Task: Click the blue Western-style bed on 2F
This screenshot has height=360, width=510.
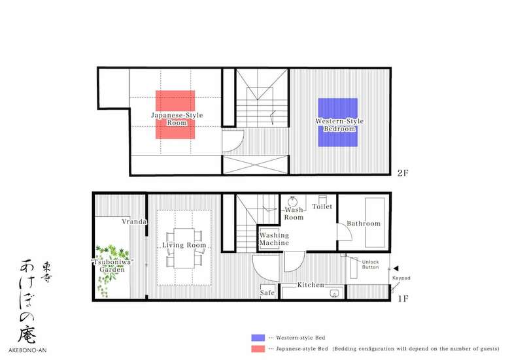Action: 338,122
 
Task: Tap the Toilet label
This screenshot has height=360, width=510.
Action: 322,206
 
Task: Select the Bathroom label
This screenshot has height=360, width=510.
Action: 364,223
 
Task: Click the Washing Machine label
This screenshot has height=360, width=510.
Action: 274,239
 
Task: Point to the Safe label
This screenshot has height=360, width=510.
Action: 267,293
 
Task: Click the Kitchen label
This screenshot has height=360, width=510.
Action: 311,285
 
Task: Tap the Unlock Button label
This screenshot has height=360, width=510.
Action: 371,265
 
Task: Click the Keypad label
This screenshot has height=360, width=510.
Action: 401,278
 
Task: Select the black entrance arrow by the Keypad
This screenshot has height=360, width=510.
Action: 396,269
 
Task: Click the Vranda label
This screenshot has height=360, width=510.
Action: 134,221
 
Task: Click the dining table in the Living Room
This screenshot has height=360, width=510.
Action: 184,248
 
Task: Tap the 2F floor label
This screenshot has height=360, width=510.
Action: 403,173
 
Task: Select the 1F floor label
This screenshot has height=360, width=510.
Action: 403,299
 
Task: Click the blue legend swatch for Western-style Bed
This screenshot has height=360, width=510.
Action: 258,338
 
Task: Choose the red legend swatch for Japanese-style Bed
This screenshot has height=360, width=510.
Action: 258,349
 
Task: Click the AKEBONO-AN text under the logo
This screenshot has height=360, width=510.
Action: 27,350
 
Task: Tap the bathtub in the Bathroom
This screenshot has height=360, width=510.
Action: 375,223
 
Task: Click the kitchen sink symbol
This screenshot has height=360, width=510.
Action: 334,293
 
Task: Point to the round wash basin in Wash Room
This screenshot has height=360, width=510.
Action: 292,200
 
